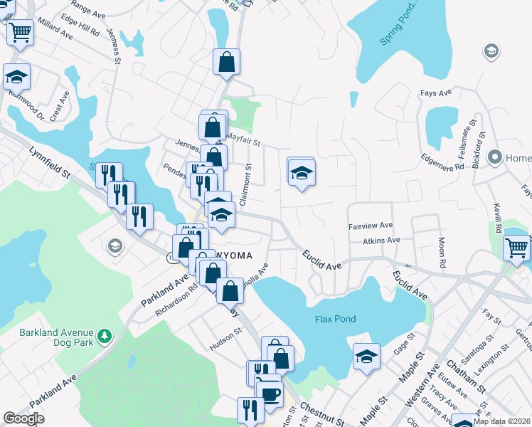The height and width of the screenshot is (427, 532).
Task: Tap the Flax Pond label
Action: pos(335,319)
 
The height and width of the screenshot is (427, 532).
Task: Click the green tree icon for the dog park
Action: pos(105,334)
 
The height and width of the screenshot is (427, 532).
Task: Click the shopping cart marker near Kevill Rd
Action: pos(516,248)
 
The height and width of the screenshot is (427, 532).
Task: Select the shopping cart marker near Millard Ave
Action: pos(21,31)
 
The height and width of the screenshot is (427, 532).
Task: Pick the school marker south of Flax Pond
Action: pos(366,355)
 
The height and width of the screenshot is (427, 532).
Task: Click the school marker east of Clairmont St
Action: pos(302,173)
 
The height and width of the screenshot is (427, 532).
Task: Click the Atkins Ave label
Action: pos(381,241)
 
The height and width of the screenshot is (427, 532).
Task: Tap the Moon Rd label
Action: pos(442,252)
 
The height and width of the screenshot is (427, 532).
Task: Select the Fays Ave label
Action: pos(436,93)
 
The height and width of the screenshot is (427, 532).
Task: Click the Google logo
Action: pos(23,418)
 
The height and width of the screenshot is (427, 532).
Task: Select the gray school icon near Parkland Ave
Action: pos(114,246)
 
